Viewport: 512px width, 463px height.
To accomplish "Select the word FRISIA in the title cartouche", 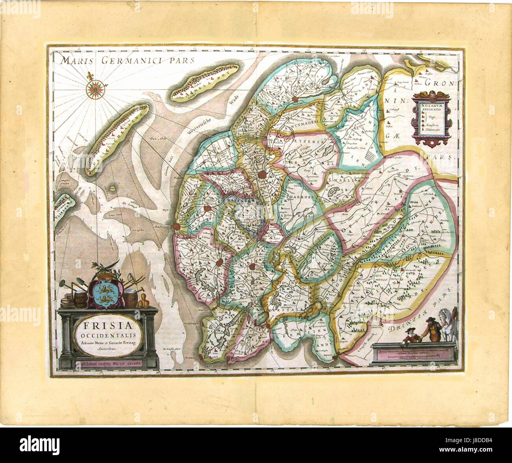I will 108,325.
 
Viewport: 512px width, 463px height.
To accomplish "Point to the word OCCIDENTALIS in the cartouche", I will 108,335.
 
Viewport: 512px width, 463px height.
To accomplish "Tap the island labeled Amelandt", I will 205,82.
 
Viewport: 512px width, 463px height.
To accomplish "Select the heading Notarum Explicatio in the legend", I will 431,108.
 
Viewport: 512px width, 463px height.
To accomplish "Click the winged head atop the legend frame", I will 432,95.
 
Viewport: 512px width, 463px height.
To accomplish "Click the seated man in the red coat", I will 410,337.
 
